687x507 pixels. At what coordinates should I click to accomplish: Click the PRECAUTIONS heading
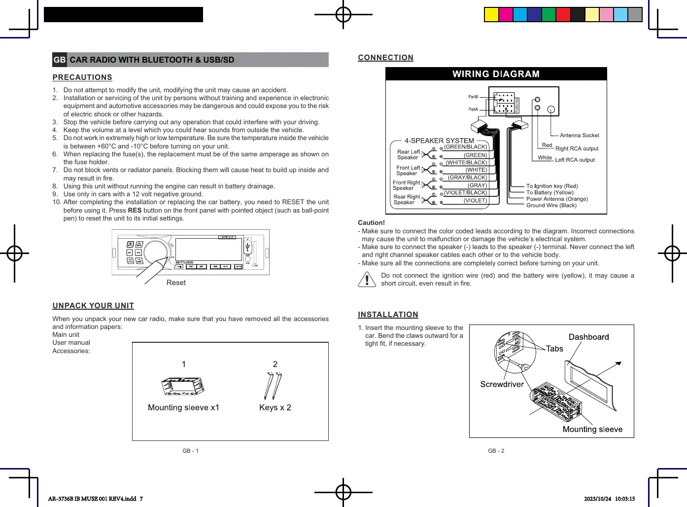pos(82,77)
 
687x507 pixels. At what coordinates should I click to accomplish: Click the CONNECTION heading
pos(385,58)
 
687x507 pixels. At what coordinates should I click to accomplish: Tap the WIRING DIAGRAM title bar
pos(496,74)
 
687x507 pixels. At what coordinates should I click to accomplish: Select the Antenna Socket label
pos(580,135)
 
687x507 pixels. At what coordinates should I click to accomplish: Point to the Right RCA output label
pos(577,148)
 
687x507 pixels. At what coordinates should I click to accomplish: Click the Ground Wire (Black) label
pos(551,206)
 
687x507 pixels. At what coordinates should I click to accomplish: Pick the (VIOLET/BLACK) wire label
pos(465,193)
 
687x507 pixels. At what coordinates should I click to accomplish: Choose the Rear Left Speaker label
pos(408,155)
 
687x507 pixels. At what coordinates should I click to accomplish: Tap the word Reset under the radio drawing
pos(176,283)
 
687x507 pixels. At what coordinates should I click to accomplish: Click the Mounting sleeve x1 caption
pos(183,407)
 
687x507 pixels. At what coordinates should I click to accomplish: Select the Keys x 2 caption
pos(275,407)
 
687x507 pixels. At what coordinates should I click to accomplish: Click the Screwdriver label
pos(502,384)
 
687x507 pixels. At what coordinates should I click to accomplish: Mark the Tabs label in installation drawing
pos(554,349)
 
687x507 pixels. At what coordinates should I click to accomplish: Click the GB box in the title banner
pos(60,60)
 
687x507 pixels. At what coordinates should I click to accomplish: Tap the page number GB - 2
pos(496,451)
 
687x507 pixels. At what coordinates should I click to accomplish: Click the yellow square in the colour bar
pos(491,15)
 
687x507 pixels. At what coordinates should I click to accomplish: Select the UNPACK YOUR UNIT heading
pos(93,306)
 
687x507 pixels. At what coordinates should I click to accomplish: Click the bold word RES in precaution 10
pos(135,210)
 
